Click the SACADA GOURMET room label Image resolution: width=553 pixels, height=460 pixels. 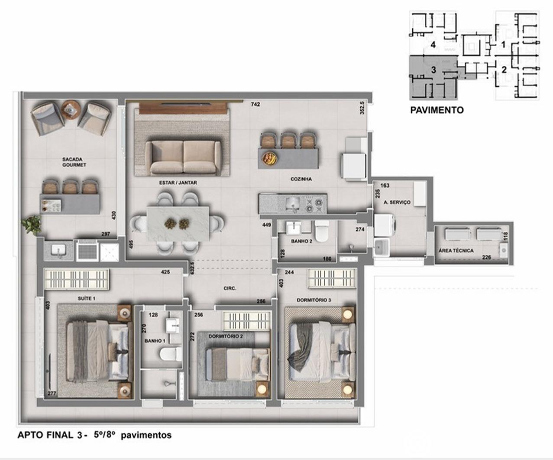(x=74, y=162)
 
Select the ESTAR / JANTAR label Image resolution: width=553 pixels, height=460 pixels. (x=178, y=182)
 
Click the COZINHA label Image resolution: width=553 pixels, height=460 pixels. (x=301, y=179)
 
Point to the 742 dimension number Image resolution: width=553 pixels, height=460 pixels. (x=255, y=105)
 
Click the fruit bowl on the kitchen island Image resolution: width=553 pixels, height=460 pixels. (x=269, y=159)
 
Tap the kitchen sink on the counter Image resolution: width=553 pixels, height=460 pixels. (x=293, y=203)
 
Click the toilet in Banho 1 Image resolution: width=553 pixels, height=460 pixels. (x=171, y=354)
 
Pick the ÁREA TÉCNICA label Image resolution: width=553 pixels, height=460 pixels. (x=456, y=251)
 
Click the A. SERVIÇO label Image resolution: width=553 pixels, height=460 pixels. (x=397, y=202)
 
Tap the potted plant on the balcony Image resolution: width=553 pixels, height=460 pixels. (x=32, y=225)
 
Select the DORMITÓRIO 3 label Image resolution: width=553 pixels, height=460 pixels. (x=314, y=300)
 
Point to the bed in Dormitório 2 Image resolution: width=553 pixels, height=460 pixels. (x=238, y=364)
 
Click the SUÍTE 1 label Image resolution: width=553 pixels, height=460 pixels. (x=87, y=298)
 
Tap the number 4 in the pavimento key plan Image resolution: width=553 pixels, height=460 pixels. (x=433, y=45)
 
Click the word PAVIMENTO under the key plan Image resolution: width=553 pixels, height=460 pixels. (x=437, y=110)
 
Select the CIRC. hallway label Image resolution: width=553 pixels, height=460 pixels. (x=230, y=288)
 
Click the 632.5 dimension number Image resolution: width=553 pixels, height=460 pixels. (x=192, y=268)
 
